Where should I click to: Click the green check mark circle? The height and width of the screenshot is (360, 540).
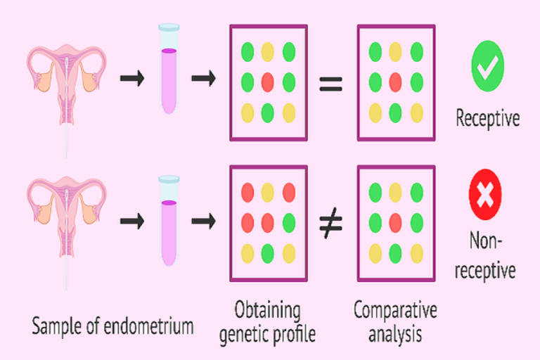pyautogui.click(x=487, y=66)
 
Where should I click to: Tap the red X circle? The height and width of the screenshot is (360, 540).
pyautogui.click(x=485, y=194)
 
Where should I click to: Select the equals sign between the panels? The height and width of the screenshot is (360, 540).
pyautogui.click(x=330, y=84)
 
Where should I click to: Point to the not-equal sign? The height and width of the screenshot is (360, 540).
pyautogui.click(x=330, y=223)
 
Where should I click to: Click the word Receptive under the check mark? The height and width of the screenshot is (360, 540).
pyautogui.click(x=488, y=118)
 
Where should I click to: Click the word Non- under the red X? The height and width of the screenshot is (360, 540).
pyautogui.click(x=486, y=240)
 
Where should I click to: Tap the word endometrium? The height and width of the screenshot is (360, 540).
pyautogui.click(x=148, y=326)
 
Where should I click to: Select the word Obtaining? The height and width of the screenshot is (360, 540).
pyautogui.click(x=267, y=310)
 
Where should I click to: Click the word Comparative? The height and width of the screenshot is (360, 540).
pyautogui.click(x=395, y=310)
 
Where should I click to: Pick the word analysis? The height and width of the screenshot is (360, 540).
pyautogui.click(x=395, y=334)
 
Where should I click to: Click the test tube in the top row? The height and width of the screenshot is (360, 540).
pyautogui.click(x=169, y=69)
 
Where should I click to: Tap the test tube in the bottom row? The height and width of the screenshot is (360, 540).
pyautogui.click(x=169, y=221)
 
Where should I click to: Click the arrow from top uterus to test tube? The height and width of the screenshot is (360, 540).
pyautogui.click(x=132, y=78)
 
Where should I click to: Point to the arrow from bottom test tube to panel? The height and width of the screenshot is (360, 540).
pyautogui.click(x=203, y=221)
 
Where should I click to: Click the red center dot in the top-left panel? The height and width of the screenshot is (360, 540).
pyautogui.click(x=268, y=82)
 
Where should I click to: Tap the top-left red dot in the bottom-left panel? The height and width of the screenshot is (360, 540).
pyautogui.click(x=247, y=192)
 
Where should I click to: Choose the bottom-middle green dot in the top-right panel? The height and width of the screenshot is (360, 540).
pyautogui.click(x=395, y=113)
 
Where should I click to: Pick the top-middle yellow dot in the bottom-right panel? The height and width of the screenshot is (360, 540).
pyautogui.click(x=395, y=192)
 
